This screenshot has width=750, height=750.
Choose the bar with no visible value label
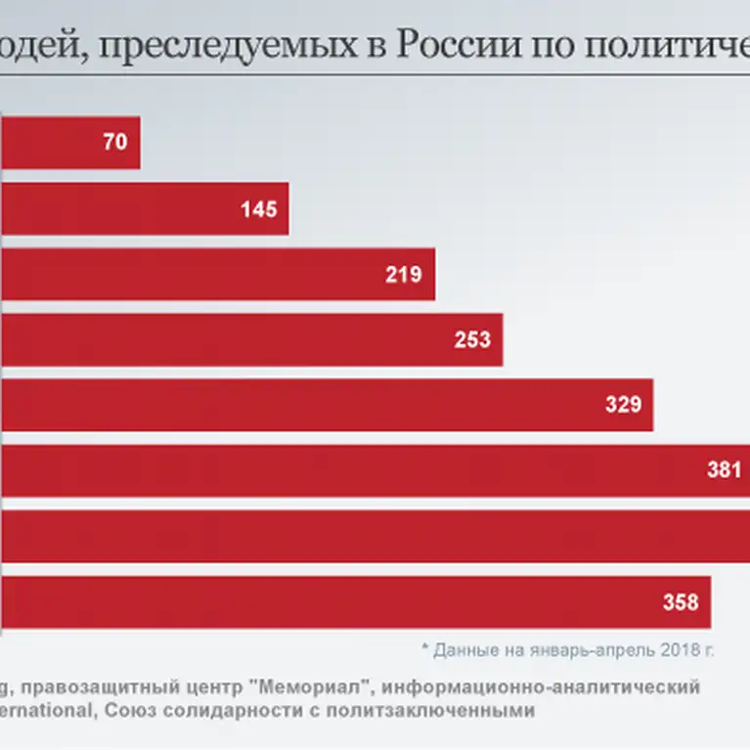372,537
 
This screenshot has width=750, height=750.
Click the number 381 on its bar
724,470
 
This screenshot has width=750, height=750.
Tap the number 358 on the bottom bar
681,602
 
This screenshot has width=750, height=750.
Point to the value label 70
114,143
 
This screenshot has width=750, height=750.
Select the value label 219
403,275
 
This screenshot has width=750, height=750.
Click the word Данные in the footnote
464,649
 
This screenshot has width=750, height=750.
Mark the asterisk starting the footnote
425,647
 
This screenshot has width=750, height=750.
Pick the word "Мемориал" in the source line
319,686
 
